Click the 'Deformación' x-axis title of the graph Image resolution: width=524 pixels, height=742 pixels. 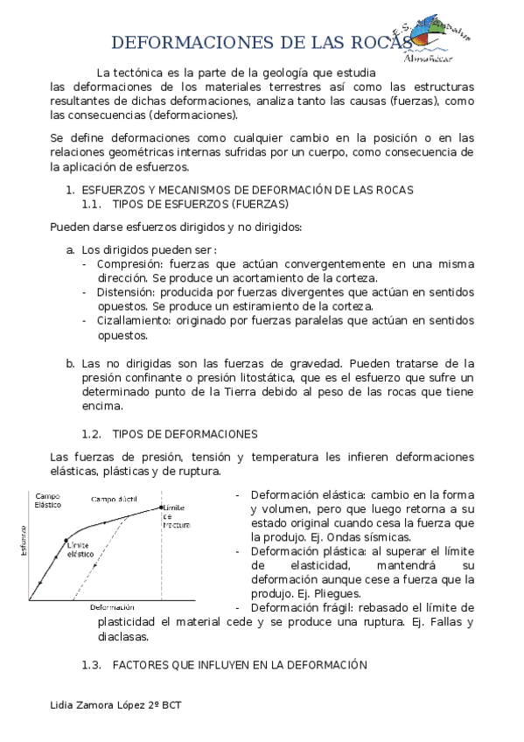click(x=112, y=607)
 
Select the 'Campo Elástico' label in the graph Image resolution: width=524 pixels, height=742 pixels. click(x=46, y=501)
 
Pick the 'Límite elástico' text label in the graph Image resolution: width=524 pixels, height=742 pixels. click(x=80, y=549)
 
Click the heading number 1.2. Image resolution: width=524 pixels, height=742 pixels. click(x=92, y=433)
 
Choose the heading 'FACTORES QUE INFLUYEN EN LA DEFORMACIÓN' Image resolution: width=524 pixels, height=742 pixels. click(x=238, y=665)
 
